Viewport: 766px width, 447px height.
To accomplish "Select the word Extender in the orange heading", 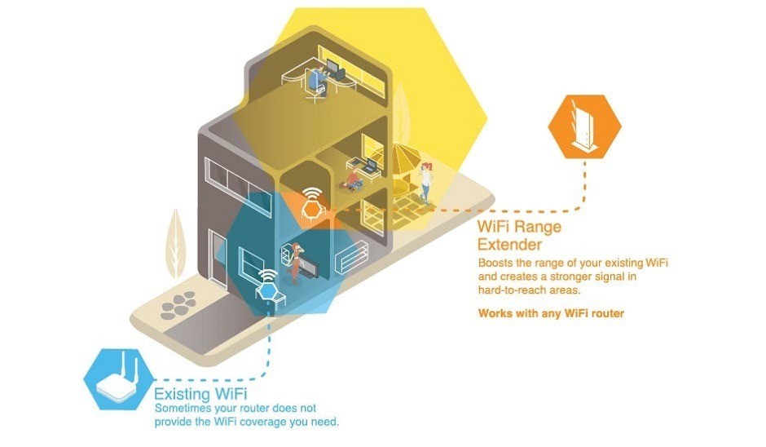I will (509, 244).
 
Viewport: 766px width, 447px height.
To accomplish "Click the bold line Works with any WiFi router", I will (551, 313).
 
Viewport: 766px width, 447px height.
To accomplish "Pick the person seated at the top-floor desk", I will (315, 81).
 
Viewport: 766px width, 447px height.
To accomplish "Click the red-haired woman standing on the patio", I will (425, 180).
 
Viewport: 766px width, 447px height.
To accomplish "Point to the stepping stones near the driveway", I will (177, 308).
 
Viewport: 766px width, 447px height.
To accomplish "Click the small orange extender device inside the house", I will (310, 210).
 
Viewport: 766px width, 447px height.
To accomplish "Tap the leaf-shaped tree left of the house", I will (175, 242).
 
